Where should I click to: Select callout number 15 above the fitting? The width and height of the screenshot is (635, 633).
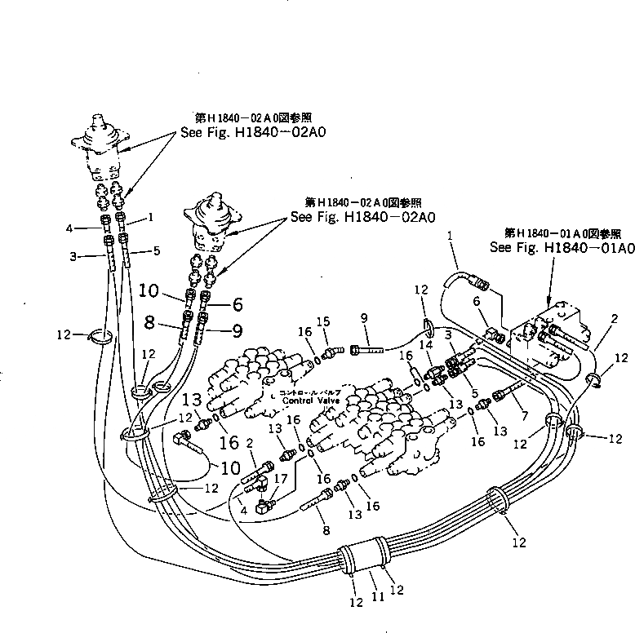(322, 321)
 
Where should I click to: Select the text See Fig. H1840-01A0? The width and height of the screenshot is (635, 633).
(561, 247)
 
